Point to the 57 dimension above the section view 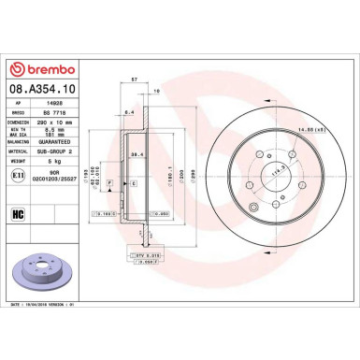(136, 80)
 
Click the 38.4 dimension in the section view (136, 153)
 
